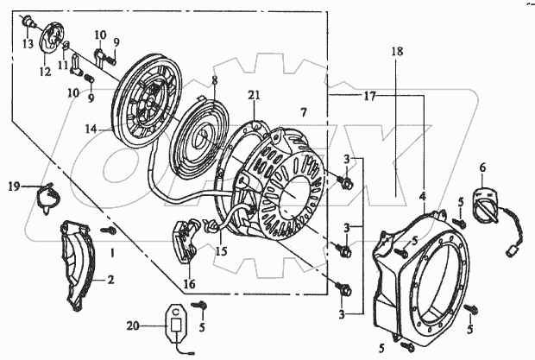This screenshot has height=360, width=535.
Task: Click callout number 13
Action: point(28,43)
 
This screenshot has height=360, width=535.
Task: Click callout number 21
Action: point(253,94)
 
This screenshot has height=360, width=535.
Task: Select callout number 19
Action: point(13,186)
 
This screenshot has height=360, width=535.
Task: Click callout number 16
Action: point(188,282)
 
